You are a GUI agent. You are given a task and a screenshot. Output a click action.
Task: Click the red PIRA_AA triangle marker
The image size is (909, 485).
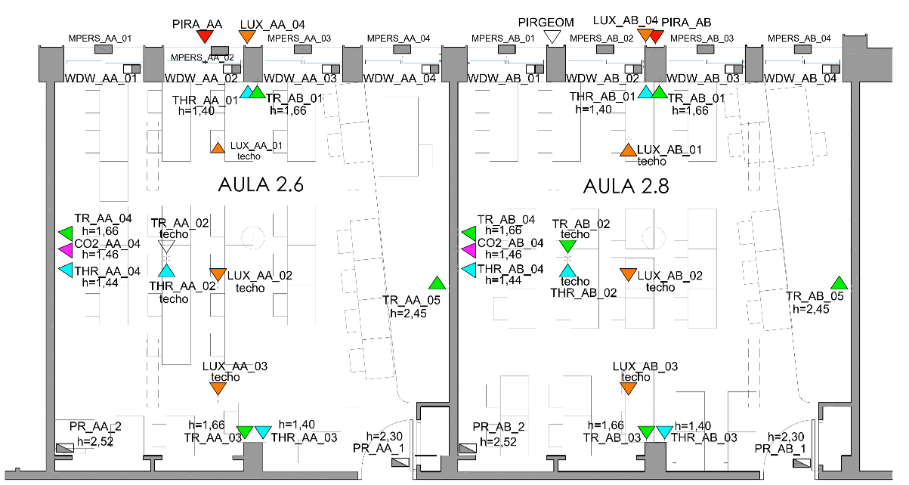204,36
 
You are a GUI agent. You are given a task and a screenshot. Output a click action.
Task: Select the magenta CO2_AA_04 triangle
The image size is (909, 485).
66,250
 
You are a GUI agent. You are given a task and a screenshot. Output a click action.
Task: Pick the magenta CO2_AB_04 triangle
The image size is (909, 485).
468,250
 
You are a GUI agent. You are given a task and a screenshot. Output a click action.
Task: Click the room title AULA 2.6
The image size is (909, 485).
261,185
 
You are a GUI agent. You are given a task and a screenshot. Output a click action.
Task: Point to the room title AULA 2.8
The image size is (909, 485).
626,185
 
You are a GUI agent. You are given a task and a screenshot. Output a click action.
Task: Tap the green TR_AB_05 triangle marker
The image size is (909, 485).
838,283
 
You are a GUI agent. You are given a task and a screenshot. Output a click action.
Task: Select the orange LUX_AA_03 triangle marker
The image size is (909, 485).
218,388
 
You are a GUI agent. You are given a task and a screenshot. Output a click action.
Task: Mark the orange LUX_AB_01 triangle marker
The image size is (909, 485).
628,150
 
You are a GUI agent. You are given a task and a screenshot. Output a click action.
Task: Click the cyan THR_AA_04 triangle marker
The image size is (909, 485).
66,269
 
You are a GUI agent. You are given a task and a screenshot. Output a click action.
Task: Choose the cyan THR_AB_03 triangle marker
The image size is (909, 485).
664,432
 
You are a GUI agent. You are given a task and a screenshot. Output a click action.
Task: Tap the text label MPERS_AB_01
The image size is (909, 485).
502,38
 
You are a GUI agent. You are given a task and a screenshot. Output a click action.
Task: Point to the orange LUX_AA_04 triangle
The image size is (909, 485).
247,36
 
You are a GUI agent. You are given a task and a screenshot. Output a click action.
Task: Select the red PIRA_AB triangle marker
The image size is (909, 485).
657,36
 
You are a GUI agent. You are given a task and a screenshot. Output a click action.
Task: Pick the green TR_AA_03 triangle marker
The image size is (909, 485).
244,432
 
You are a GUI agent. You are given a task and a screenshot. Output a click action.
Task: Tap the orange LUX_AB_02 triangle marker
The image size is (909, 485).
628,274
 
